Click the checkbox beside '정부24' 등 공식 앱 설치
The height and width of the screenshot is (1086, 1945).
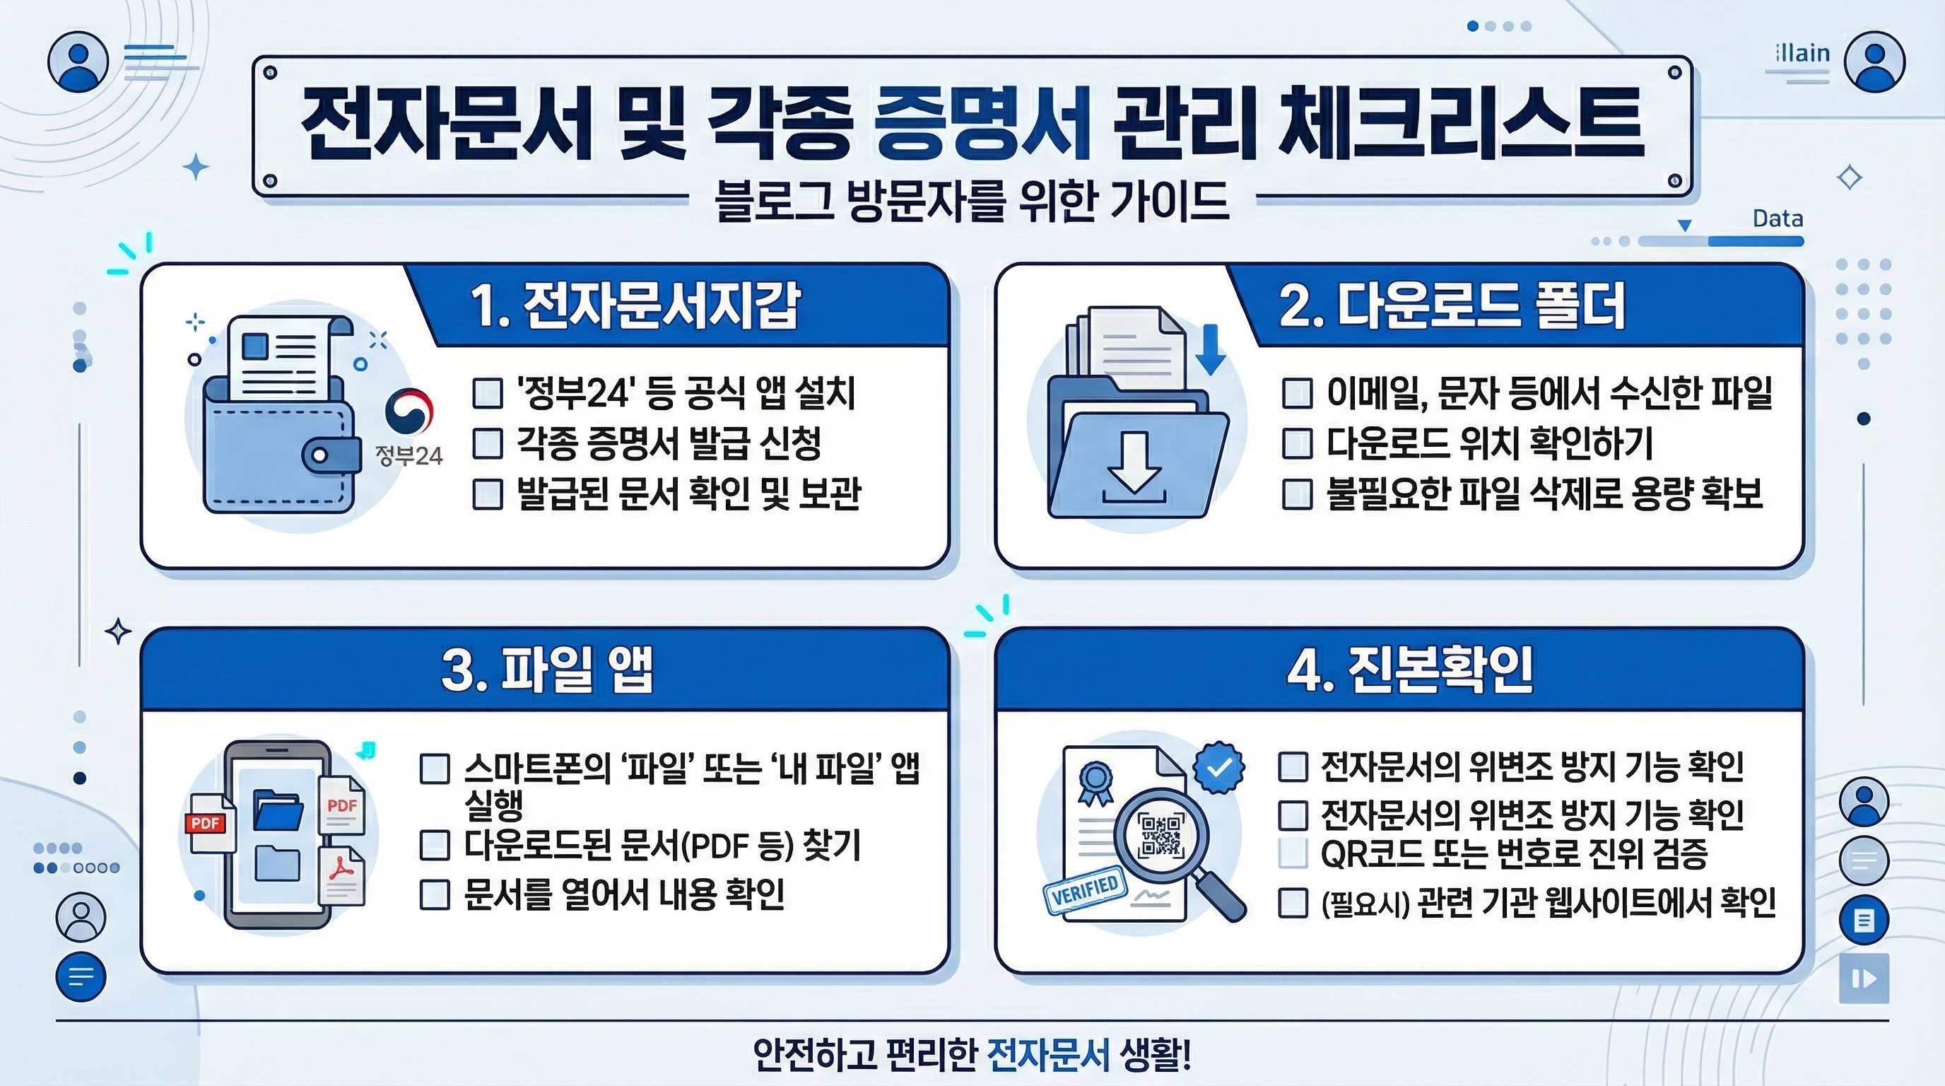tap(488, 394)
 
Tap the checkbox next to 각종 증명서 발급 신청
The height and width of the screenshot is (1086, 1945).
tap(488, 443)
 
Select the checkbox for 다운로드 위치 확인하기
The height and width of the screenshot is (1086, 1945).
tap(1297, 443)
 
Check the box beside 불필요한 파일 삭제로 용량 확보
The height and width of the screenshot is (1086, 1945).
tap(1297, 494)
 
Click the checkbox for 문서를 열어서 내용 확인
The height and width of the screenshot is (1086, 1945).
tap(435, 894)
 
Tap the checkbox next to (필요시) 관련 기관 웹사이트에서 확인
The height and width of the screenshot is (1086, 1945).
tap(1293, 902)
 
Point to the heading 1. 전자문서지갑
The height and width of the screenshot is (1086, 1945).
tap(634, 307)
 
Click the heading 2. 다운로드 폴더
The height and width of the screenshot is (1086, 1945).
tap(1451, 307)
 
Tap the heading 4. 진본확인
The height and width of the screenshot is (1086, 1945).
tap(1411, 669)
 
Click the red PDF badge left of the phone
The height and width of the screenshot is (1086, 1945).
tap(206, 822)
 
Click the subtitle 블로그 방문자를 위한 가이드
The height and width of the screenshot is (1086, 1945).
tap(972, 202)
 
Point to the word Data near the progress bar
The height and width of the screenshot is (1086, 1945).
tap(1777, 219)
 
